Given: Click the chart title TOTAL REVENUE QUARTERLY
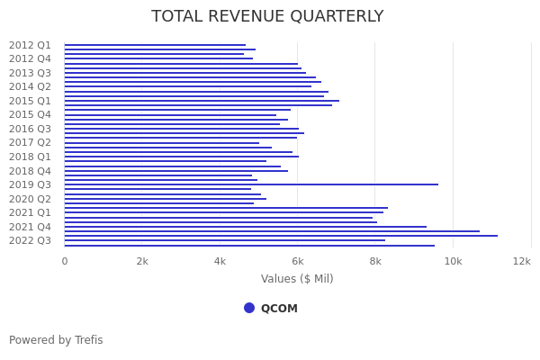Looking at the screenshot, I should (267, 17).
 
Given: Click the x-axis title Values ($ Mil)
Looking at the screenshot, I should (297, 279).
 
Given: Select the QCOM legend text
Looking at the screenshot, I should (279, 309).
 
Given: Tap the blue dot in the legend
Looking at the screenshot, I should (249, 308).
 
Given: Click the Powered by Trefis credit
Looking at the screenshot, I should (56, 340).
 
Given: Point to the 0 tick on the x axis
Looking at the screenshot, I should (64, 261).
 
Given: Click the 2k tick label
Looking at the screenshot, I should (142, 261).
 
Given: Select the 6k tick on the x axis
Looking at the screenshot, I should (298, 261).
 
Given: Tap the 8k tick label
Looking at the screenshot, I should (375, 261).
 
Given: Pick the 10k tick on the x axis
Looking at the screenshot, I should (453, 261).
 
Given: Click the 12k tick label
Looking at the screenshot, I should (522, 261).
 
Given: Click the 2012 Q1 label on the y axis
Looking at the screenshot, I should (30, 45).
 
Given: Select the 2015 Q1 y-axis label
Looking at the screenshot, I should (30, 101).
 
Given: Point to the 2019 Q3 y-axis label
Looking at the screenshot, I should (30, 184).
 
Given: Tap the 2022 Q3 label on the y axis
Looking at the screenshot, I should (30, 240).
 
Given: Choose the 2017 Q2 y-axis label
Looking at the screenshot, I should (30, 142).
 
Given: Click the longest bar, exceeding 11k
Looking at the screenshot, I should (279, 236).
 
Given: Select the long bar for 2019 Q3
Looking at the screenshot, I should (252, 184).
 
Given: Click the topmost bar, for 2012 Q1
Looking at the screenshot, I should (153, 45).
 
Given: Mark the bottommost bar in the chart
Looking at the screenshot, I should (248, 246).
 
